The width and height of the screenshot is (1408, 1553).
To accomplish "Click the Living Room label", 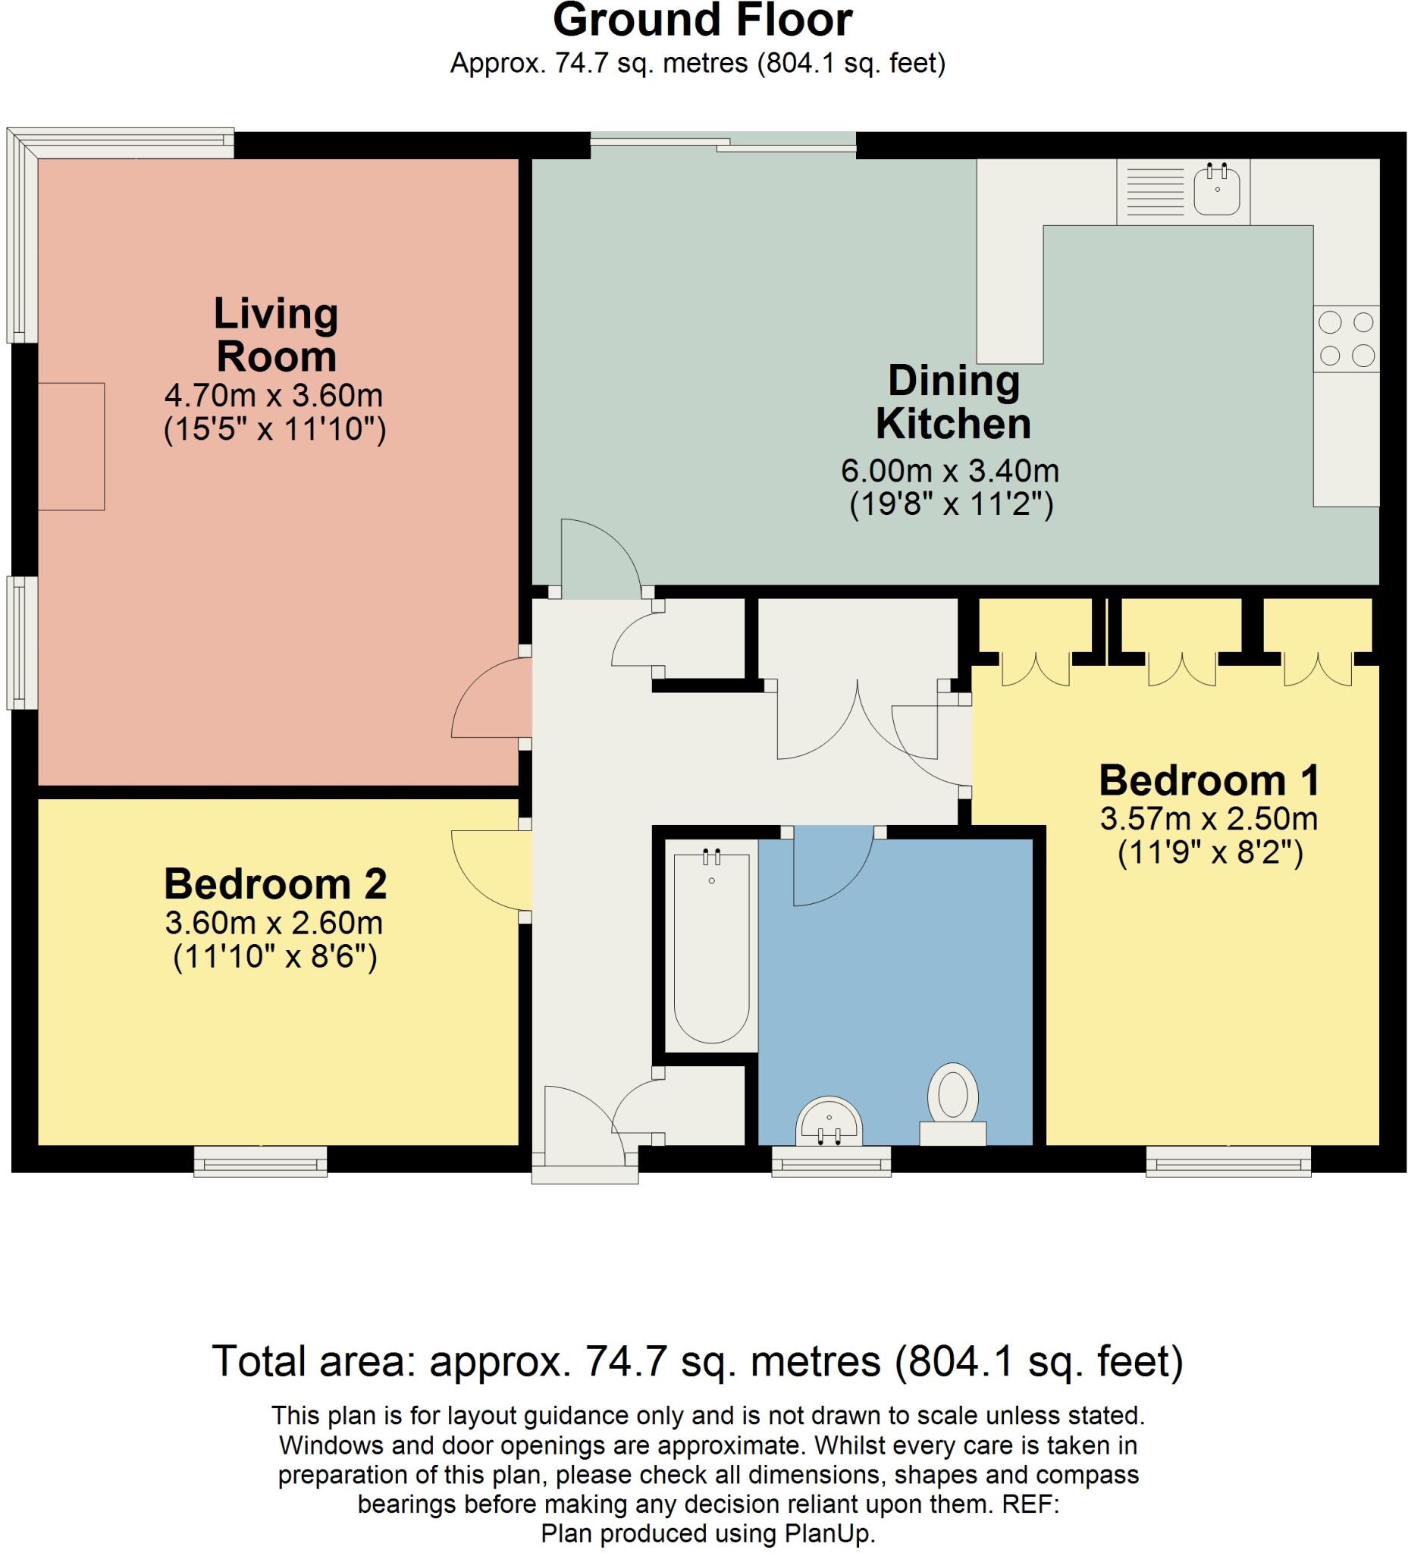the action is pyautogui.click(x=276, y=335).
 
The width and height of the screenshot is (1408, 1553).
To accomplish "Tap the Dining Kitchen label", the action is pyautogui.click(x=954, y=402).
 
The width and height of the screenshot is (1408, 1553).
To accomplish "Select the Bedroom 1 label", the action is pyautogui.click(x=1209, y=780).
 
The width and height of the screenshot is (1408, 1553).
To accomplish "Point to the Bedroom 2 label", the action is pyautogui.click(x=275, y=883).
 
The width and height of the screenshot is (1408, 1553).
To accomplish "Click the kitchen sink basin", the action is pyautogui.click(x=1217, y=190).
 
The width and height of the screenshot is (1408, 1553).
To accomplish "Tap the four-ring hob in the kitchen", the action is pyautogui.click(x=1347, y=338).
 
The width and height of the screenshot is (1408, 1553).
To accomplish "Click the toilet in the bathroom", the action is pyautogui.click(x=953, y=1103).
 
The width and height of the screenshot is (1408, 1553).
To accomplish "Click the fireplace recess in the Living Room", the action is pyautogui.click(x=71, y=446).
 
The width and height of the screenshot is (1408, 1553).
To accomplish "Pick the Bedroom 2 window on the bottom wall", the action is pyautogui.click(x=260, y=1161).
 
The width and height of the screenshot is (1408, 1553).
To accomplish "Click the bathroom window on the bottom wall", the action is pyautogui.click(x=831, y=1161).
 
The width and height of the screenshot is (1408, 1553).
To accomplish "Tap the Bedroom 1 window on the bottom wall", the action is pyautogui.click(x=1228, y=1161).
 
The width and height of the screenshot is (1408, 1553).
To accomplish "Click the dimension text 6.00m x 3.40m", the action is pyautogui.click(x=950, y=470).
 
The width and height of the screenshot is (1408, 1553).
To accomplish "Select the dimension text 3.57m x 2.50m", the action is pyautogui.click(x=1209, y=819).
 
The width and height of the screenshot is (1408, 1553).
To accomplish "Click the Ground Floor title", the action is pyautogui.click(x=702, y=20).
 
